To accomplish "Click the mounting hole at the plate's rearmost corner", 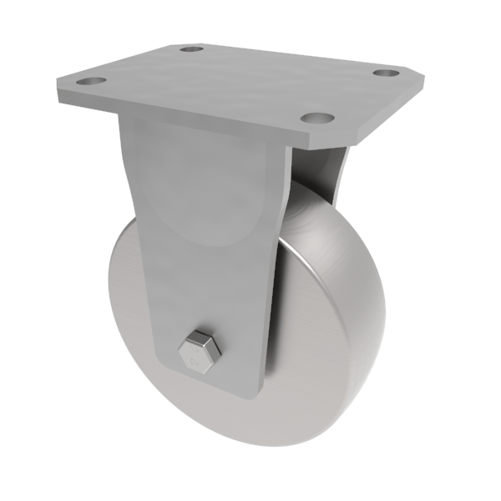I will (192, 49).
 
